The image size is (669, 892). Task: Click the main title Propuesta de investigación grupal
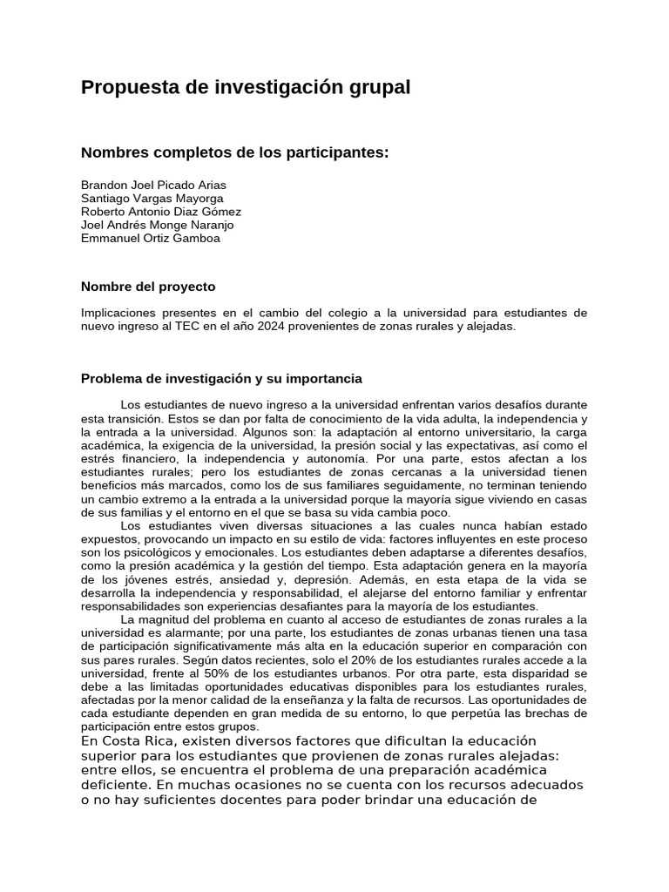tap(245, 88)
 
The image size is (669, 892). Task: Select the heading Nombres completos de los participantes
tap(234, 153)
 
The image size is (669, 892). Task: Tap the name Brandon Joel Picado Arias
tap(152, 186)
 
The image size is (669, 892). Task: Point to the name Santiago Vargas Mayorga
tap(152, 199)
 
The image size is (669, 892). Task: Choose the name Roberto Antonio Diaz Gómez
tap(161, 212)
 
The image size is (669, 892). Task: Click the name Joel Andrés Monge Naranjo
tap(157, 225)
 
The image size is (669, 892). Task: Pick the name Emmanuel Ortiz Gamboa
tap(150, 238)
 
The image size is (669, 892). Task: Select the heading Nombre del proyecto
tap(147, 287)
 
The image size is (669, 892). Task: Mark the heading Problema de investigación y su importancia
tap(221, 379)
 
